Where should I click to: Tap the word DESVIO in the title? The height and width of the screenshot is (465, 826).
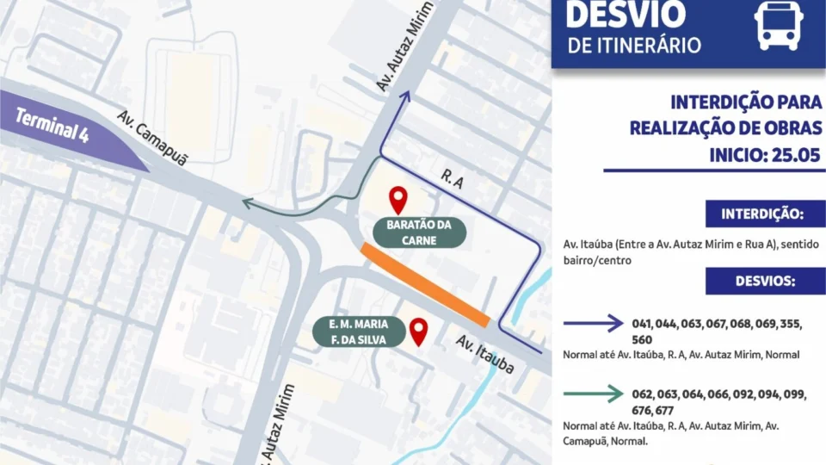click(626, 14)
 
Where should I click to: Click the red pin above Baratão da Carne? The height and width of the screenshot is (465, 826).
click(398, 200)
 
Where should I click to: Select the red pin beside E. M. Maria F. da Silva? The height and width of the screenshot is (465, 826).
click(419, 332)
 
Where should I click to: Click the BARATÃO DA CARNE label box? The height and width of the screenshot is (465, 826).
click(419, 232)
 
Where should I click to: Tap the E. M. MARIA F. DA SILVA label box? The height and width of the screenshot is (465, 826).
click(359, 332)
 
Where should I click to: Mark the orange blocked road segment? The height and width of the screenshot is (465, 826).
click(425, 285)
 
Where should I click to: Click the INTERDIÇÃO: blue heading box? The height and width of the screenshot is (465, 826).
click(761, 214)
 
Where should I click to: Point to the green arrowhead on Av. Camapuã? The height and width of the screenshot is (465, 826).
click(245, 204)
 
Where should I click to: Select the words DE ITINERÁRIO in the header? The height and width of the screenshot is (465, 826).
click(635, 46)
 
